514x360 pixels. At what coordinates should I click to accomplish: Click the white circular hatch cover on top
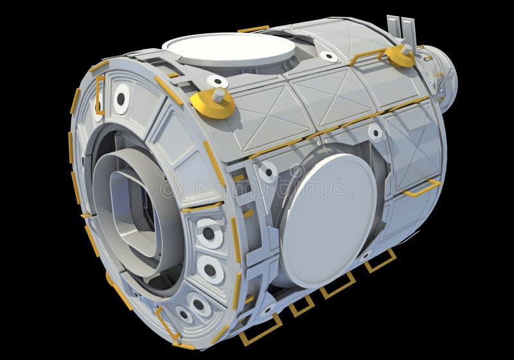pos(228,47)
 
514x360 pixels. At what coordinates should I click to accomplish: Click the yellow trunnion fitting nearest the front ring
pos(213,103)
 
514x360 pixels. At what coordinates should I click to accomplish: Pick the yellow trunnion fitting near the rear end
pos(401,56)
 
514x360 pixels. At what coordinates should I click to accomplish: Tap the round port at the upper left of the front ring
pos(121,98)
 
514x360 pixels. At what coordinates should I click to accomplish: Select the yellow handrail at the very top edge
pos(253,29)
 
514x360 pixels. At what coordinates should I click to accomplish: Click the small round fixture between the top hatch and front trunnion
pos(217,82)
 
